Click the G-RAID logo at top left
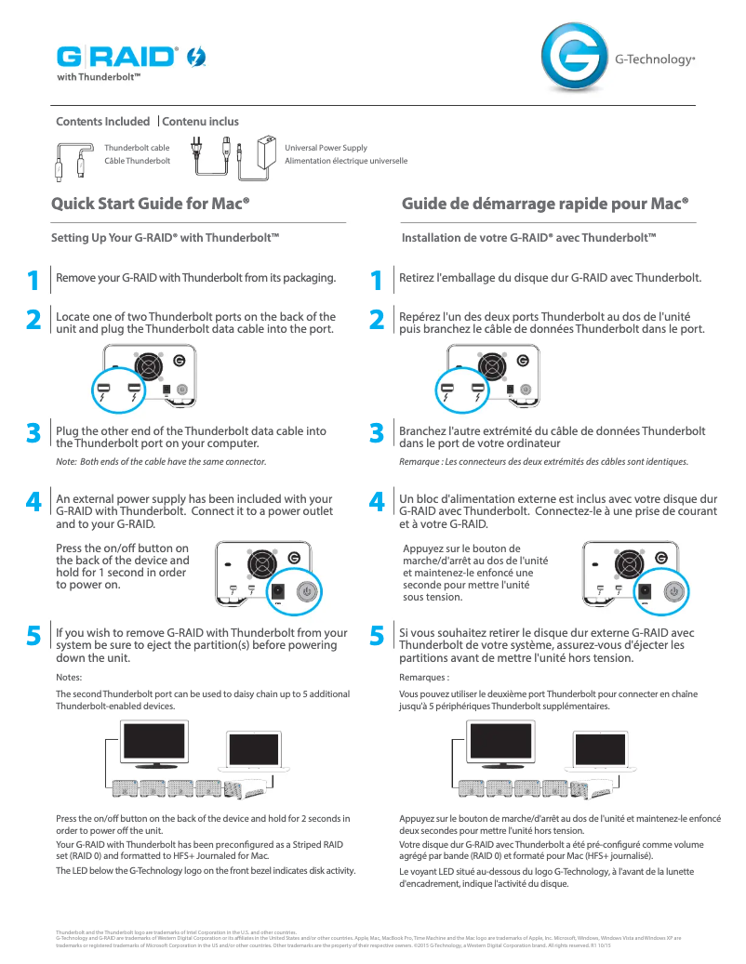(117, 58)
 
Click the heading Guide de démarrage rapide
(545, 203)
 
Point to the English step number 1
(33, 278)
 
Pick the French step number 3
(377, 432)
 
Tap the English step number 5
(33, 636)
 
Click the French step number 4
(377, 502)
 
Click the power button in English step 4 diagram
(308, 591)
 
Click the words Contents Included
(103, 122)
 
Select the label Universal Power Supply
(326, 147)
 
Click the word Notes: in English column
(70, 677)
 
